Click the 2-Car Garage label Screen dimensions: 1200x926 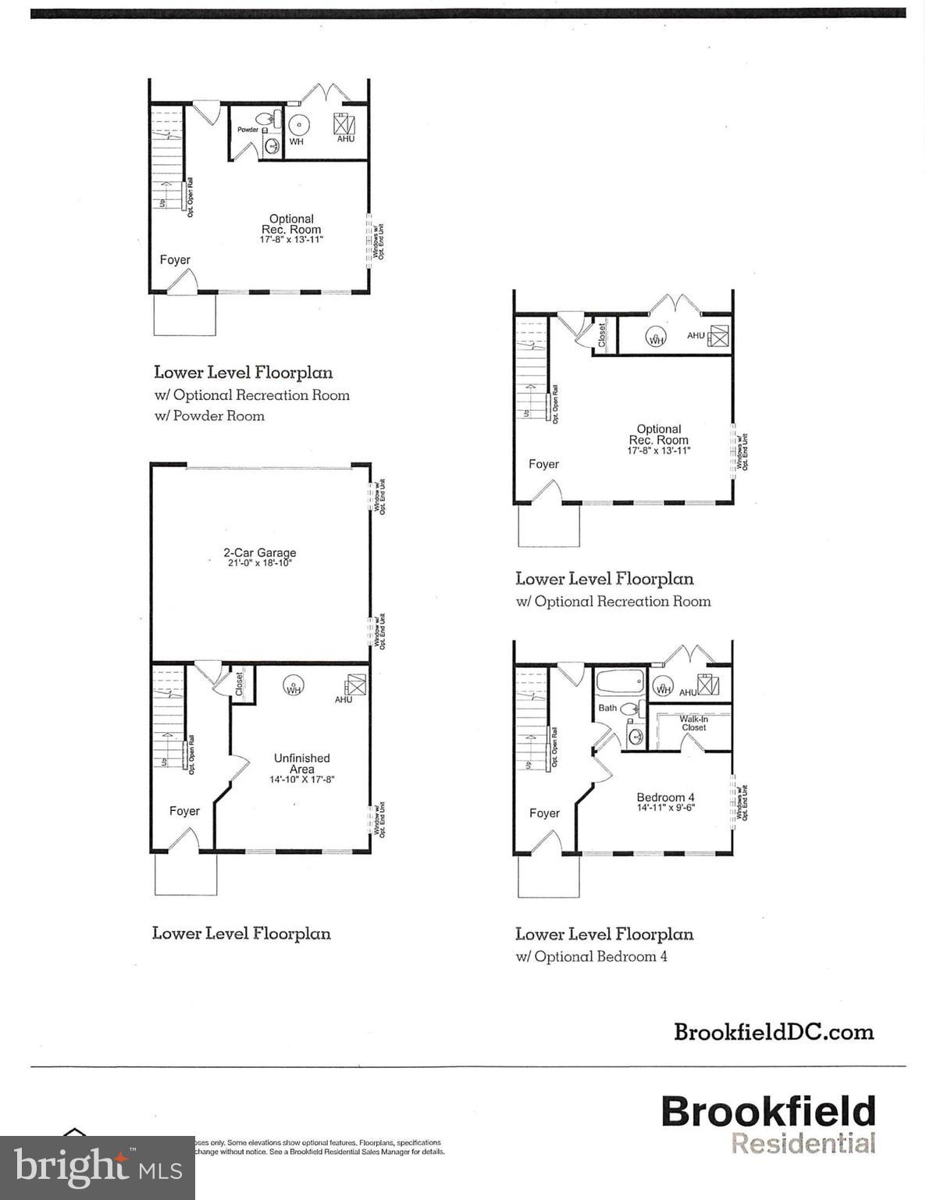(259, 553)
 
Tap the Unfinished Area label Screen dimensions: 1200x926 (301, 763)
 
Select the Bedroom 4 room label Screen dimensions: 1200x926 (660, 798)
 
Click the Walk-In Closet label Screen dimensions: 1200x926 (693, 723)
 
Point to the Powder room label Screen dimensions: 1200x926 (248, 130)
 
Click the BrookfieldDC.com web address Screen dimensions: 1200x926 (774, 1032)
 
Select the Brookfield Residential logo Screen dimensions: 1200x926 (768, 1124)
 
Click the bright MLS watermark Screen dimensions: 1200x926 (98, 1168)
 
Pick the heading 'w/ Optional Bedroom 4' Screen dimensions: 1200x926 (591, 956)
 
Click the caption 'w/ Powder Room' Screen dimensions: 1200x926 (209, 416)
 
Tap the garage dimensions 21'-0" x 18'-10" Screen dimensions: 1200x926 (259, 563)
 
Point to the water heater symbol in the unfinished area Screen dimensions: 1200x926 (294, 686)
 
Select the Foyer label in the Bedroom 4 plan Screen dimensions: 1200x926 (544, 813)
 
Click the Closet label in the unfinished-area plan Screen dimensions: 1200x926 (240, 684)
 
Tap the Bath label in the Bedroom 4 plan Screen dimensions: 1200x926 (607, 708)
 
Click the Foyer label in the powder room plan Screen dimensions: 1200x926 (175, 259)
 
